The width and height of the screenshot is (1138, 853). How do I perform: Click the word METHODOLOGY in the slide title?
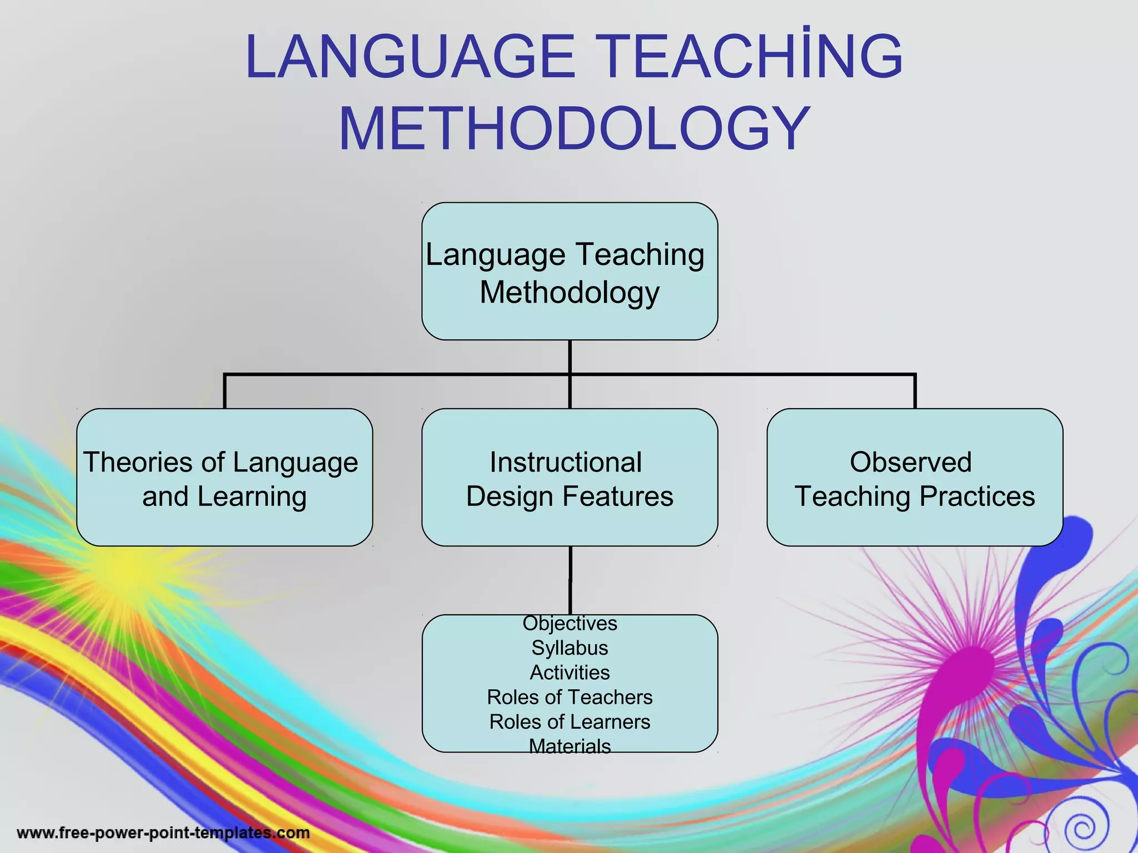[573, 129]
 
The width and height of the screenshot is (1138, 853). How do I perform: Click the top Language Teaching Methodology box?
[570, 271]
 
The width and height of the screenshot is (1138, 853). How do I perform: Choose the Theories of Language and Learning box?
[224, 478]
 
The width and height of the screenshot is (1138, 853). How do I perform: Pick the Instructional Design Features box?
[570, 478]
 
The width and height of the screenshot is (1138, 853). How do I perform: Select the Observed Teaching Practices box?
[915, 478]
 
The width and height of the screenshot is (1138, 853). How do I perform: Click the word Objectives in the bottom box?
[570, 623]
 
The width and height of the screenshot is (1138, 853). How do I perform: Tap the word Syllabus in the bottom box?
[570, 648]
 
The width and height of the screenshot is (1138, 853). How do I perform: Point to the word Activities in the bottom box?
[570, 673]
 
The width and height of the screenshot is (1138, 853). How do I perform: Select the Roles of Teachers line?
[570, 697]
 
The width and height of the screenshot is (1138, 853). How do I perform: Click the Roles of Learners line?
[570, 721]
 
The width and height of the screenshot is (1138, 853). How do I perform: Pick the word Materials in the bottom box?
[570, 746]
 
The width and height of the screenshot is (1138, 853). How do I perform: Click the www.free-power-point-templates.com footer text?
[163, 833]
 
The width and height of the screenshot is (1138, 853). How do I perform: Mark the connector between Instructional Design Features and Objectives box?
[570, 580]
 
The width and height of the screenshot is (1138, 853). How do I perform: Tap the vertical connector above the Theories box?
[224, 392]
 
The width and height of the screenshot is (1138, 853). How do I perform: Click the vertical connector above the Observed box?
[915, 392]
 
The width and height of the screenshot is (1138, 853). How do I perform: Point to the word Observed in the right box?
[910, 462]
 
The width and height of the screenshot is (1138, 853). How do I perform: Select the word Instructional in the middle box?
[566, 462]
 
